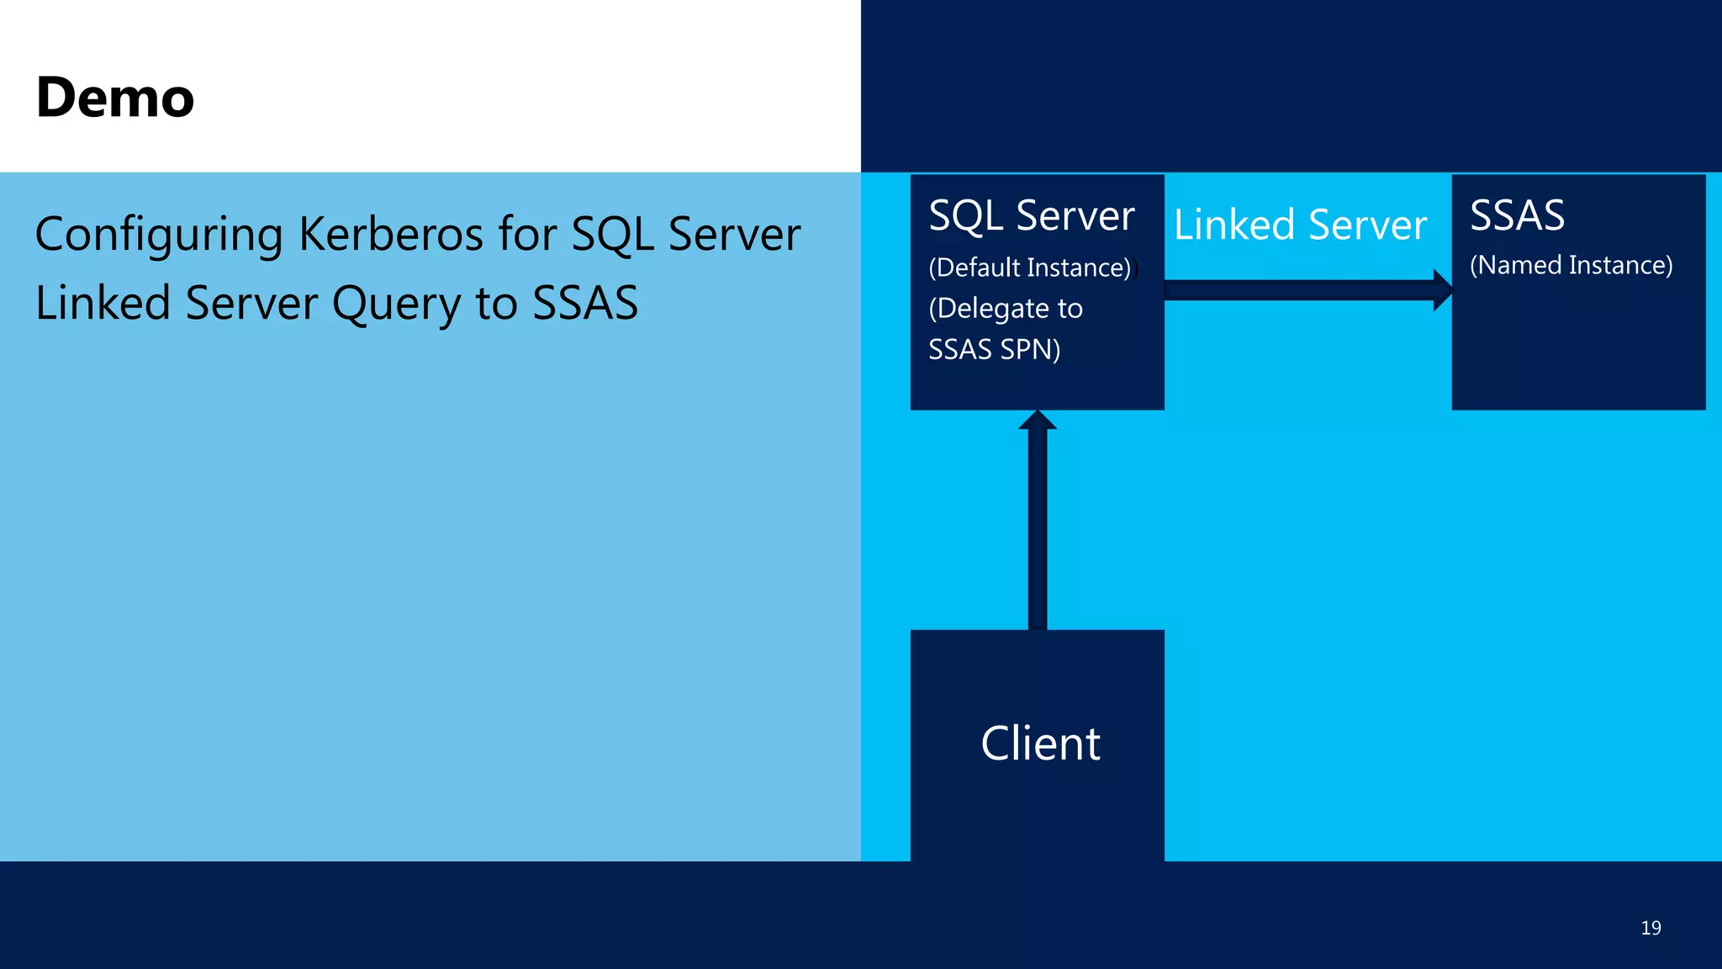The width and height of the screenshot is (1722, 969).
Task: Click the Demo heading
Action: click(115, 98)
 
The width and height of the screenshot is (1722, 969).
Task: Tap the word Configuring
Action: click(159, 236)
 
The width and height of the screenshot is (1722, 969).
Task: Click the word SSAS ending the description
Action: click(585, 303)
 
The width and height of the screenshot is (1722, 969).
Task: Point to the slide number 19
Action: click(1651, 928)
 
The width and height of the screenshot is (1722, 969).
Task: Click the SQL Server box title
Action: click(1031, 215)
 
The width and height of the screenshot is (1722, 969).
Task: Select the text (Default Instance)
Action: click(1029, 267)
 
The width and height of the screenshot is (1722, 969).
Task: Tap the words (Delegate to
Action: click(1005, 309)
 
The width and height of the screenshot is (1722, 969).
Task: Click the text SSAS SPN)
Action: click(994, 349)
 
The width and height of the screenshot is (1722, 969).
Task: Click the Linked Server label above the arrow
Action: click(1300, 225)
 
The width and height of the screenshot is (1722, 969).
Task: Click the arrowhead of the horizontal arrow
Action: click(1443, 290)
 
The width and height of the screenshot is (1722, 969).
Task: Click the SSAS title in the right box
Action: click(1517, 215)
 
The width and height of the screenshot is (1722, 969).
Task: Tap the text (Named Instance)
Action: click(1571, 265)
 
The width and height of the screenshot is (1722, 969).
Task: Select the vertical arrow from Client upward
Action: click(1038, 530)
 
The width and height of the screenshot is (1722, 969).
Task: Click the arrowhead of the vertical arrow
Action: click(1038, 420)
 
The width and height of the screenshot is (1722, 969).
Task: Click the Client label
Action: click(1040, 744)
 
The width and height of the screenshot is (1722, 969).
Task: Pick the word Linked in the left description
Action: click(103, 303)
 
